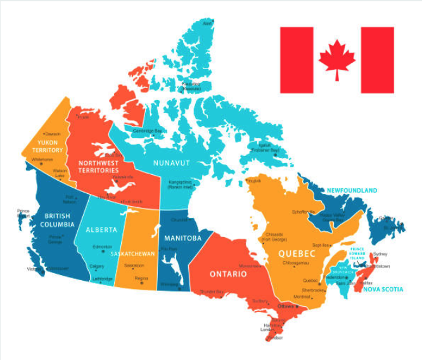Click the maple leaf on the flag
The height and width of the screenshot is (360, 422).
pos(336,59)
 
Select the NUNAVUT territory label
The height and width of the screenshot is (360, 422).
pos(171,163)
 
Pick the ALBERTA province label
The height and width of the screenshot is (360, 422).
pos(101,229)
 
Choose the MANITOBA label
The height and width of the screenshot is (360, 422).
pos(182,238)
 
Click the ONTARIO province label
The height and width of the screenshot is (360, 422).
pos(228,274)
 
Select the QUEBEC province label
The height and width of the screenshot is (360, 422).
pos(296,253)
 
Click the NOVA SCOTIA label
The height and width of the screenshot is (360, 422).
pos(383,290)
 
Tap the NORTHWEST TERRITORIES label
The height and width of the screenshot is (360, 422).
pos(98,167)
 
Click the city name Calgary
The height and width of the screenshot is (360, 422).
pos(97,266)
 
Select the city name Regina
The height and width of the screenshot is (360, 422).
pos(141,278)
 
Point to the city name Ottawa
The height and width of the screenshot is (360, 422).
pos(286,307)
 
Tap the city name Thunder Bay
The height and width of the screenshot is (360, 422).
pos(212,292)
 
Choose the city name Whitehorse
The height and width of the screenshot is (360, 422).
pos(42,159)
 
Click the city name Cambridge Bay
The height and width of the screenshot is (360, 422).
pos(147,131)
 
